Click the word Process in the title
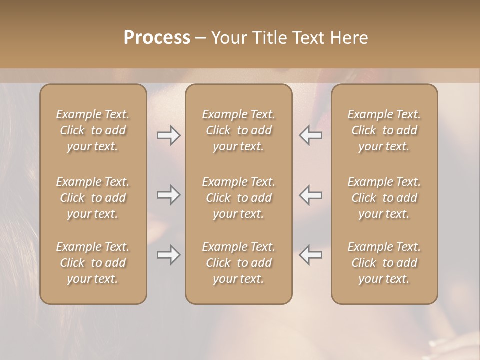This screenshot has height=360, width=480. pyautogui.click(x=157, y=38)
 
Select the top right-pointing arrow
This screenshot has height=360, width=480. pyautogui.click(x=168, y=135)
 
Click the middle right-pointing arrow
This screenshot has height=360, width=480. pyautogui.click(x=168, y=195)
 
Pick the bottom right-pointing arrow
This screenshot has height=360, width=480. pyautogui.click(x=168, y=255)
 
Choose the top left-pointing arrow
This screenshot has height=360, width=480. pyautogui.click(x=311, y=135)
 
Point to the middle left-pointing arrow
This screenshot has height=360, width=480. pyautogui.click(x=311, y=195)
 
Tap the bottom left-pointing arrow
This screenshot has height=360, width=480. pyautogui.click(x=311, y=255)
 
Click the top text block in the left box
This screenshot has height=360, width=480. pyautogui.click(x=93, y=130)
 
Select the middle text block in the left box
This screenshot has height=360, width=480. pyautogui.click(x=93, y=198)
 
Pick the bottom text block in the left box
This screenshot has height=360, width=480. pyautogui.click(x=93, y=263)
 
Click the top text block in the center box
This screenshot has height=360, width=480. pyautogui.click(x=239, y=130)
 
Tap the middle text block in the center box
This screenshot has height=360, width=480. pyautogui.click(x=239, y=198)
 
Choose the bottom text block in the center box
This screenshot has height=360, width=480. pyautogui.click(x=239, y=263)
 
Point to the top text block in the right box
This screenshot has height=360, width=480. pyautogui.click(x=384, y=130)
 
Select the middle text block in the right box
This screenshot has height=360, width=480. pyautogui.click(x=384, y=198)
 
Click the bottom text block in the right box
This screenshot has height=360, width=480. pyautogui.click(x=384, y=263)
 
